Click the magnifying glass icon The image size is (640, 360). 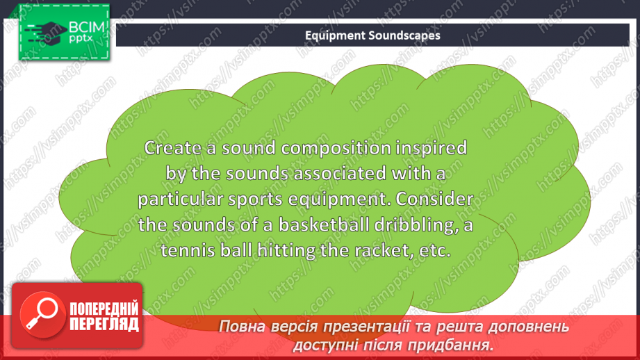(40, 311)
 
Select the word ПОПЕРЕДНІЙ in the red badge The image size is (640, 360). (104, 309)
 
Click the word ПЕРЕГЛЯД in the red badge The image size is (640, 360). (104, 324)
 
